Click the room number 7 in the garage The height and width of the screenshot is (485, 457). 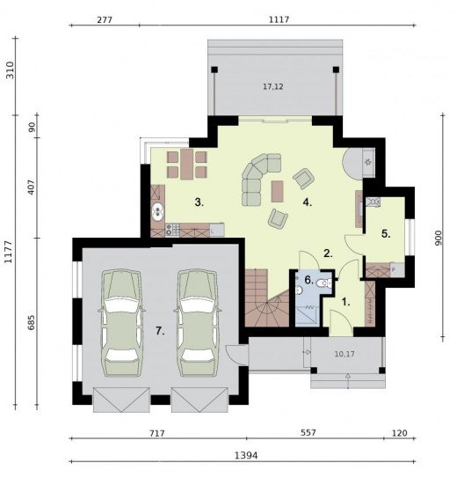tap(160, 331)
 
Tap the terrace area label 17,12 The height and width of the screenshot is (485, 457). tap(273, 87)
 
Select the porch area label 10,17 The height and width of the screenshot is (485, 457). tap(345, 354)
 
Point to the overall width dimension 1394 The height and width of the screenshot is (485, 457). tap(246, 455)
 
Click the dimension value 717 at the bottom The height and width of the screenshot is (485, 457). tap(156, 433)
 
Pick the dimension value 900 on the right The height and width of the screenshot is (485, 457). tap(439, 238)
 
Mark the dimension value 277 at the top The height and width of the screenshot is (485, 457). tap(105, 20)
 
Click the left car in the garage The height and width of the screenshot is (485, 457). tap(121, 323)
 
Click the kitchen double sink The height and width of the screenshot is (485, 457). tap(158, 212)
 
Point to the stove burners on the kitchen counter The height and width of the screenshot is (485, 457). tap(172, 230)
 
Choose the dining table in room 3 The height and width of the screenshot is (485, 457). tap(186, 165)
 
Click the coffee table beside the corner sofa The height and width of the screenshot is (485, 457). tap(278, 191)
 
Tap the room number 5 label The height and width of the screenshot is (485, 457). tap(386, 234)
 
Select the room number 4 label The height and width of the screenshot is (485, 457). tap(308, 202)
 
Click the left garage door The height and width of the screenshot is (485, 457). tap(121, 400)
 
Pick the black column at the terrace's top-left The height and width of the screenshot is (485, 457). tap(214, 70)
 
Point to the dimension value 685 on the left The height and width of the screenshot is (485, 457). tap(32, 322)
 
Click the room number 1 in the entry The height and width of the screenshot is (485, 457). tap(346, 302)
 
